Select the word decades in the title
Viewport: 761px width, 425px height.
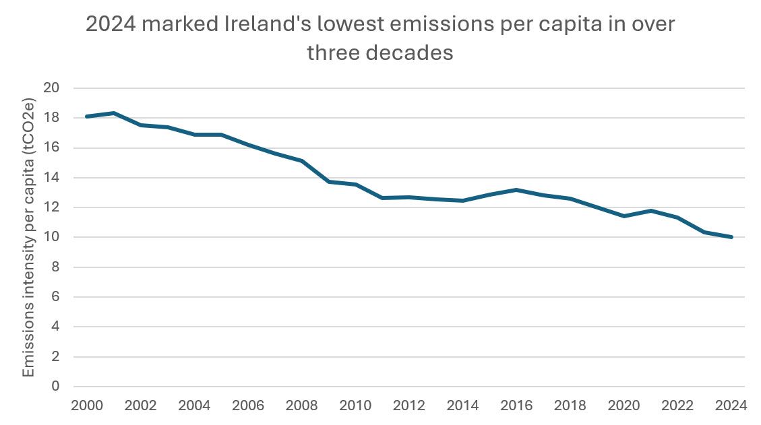[409, 53]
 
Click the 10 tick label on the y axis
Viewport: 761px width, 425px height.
[53, 238]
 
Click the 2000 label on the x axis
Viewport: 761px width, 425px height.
[87, 406]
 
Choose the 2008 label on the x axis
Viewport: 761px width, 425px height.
[302, 406]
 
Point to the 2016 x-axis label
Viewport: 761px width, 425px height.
[516, 406]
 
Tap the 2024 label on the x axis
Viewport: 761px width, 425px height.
[731, 406]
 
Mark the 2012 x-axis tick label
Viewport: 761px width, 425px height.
[409, 406]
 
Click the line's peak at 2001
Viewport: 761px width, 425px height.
[114, 113]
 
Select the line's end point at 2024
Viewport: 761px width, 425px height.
[731, 237]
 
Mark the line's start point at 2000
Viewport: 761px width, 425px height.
[87, 117]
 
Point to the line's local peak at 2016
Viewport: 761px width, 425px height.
[516, 190]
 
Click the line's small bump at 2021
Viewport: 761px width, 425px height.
[650, 211]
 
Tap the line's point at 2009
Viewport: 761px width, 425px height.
[328, 182]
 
